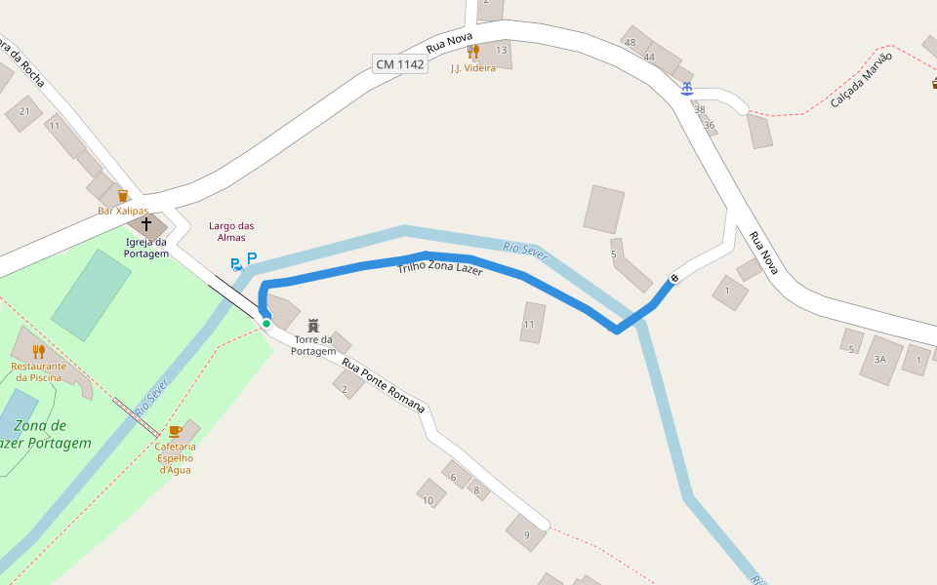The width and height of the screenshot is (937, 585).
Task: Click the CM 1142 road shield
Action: click(x=400, y=64)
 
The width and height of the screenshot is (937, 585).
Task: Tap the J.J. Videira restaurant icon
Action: click(x=473, y=52)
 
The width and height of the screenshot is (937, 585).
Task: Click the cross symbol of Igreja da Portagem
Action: click(x=146, y=224)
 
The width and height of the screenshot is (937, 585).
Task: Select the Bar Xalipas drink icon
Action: click(x=123, y=196)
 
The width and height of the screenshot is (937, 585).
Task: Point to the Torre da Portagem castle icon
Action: click(x=313, y=325)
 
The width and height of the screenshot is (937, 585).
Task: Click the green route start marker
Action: click(x=265, y=323)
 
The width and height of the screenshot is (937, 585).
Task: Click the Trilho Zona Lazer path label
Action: click(x=440, y=268)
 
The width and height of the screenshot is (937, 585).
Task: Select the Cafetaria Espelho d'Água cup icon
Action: click(x=175, y=430)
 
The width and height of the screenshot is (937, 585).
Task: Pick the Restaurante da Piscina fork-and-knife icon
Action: click(x=39, y=351)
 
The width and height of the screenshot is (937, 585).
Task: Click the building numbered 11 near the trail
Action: click(x=532, y=323)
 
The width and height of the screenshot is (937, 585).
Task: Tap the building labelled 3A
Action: click(x=880, y=360)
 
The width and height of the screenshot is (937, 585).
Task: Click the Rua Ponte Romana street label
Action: click(x=384, y=384)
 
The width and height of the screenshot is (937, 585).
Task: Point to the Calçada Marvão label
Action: click(x=861, y=86)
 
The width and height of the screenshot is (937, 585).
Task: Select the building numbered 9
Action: click(x=526, y=532)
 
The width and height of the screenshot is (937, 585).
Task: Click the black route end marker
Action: click(x=674, y=280)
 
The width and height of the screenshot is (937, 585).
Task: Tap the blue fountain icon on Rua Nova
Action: click(x=687, y=89)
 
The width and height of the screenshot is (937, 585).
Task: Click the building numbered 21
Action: click(x=23, y=112)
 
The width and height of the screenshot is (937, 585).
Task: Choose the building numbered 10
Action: click(x=430, y=493)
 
